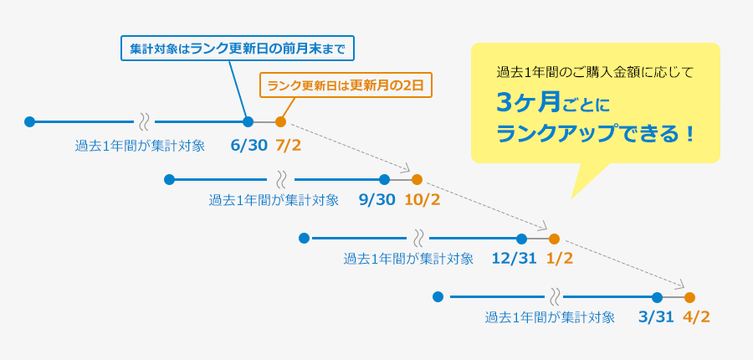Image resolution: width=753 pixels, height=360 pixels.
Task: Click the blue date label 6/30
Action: point(248,146)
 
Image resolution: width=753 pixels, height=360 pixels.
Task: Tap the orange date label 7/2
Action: point(288,146)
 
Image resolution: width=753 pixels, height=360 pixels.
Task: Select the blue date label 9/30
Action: point(376,200)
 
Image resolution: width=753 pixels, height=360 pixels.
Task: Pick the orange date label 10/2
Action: point(422,200)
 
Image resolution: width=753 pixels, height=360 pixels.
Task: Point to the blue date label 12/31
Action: point(514,259)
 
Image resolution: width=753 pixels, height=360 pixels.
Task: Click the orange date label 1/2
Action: point(559,259)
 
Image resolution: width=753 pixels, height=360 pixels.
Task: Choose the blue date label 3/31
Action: point(656,317)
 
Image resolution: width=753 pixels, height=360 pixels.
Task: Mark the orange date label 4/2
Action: point(696,317)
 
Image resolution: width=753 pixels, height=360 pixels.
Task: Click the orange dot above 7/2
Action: point(280,121)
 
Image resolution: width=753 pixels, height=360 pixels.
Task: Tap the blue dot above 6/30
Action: point(248,121)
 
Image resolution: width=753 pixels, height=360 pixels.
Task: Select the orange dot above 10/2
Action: point(417,179)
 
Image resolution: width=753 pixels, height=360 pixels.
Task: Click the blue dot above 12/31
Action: point(521,239)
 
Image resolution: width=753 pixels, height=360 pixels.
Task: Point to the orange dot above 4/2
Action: point(689,297)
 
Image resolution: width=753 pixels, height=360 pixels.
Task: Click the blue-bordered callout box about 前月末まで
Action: point(238,48)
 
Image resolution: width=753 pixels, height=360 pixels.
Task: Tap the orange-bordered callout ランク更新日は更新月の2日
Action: point(346,85)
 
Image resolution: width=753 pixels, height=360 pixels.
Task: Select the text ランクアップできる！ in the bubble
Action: point(596,133)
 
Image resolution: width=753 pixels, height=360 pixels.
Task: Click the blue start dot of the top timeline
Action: point(30,121)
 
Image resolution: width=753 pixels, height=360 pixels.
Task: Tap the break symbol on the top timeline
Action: point(144,121)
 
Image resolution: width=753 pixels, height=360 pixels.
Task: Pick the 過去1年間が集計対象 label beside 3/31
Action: point(550,317)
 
